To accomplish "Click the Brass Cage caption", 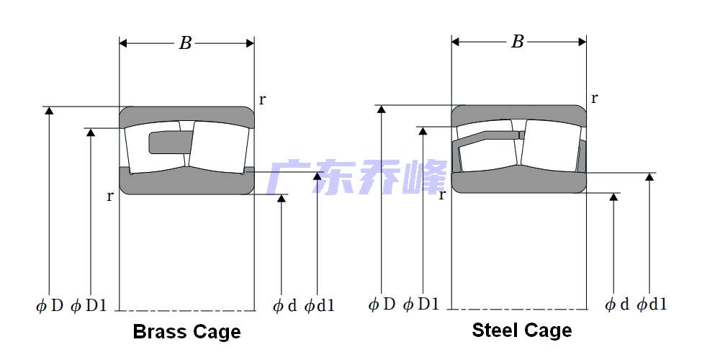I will point(186,332).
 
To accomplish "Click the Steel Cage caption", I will point(521,330).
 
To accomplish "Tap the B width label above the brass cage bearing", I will point(186,43).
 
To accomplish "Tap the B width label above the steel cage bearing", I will point(518,42).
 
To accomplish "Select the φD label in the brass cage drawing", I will point(50,306).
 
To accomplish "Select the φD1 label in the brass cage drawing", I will point(89,306).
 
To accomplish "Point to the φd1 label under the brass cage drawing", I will point(320,306).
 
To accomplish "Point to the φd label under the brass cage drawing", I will point(284,306).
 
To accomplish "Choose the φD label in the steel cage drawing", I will point(382,304).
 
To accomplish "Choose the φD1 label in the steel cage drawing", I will point(421,304).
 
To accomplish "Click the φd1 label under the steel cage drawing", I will point(652,304).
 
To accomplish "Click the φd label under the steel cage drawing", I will point(617,304).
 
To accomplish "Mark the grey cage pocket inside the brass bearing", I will point(167,143).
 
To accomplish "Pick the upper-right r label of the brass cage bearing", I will point(262,100).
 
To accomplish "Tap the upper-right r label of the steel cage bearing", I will point(594,98).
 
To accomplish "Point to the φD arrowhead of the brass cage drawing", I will point(49,110).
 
